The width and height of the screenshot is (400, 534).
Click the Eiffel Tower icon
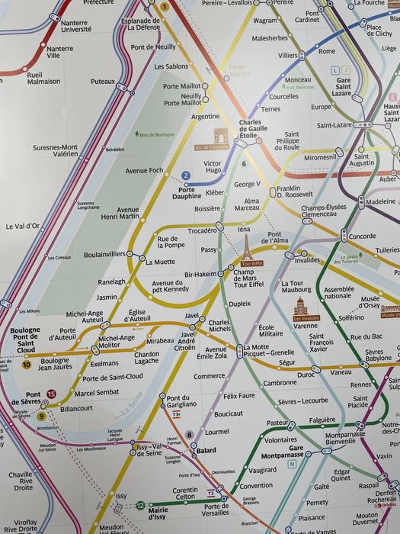tap(246, 248)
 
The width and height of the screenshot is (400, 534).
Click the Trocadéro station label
tap(202, 230)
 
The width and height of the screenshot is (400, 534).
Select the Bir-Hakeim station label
tap(201, 274)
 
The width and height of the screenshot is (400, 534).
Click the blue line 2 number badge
tap(185, 175)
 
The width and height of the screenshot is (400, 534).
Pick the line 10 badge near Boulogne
tap(27, 365)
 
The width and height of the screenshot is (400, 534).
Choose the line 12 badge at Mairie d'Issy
tap(140, 505)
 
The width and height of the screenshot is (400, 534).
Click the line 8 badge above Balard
tap(190, 434)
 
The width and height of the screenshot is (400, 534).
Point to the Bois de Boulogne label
tap(156, 135)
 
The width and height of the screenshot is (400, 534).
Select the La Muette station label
tap(159, 262)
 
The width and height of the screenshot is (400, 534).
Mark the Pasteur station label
tap(276, 423)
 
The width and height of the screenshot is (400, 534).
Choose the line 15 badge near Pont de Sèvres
tap(51, 394)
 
